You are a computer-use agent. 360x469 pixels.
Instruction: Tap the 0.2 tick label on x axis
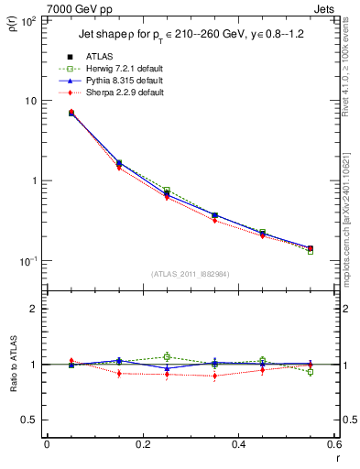142,444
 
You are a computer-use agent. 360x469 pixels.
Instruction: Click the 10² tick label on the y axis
29,20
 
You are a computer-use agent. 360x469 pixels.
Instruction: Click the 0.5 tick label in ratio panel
29,420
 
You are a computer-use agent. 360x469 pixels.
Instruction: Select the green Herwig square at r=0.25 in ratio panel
167,356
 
